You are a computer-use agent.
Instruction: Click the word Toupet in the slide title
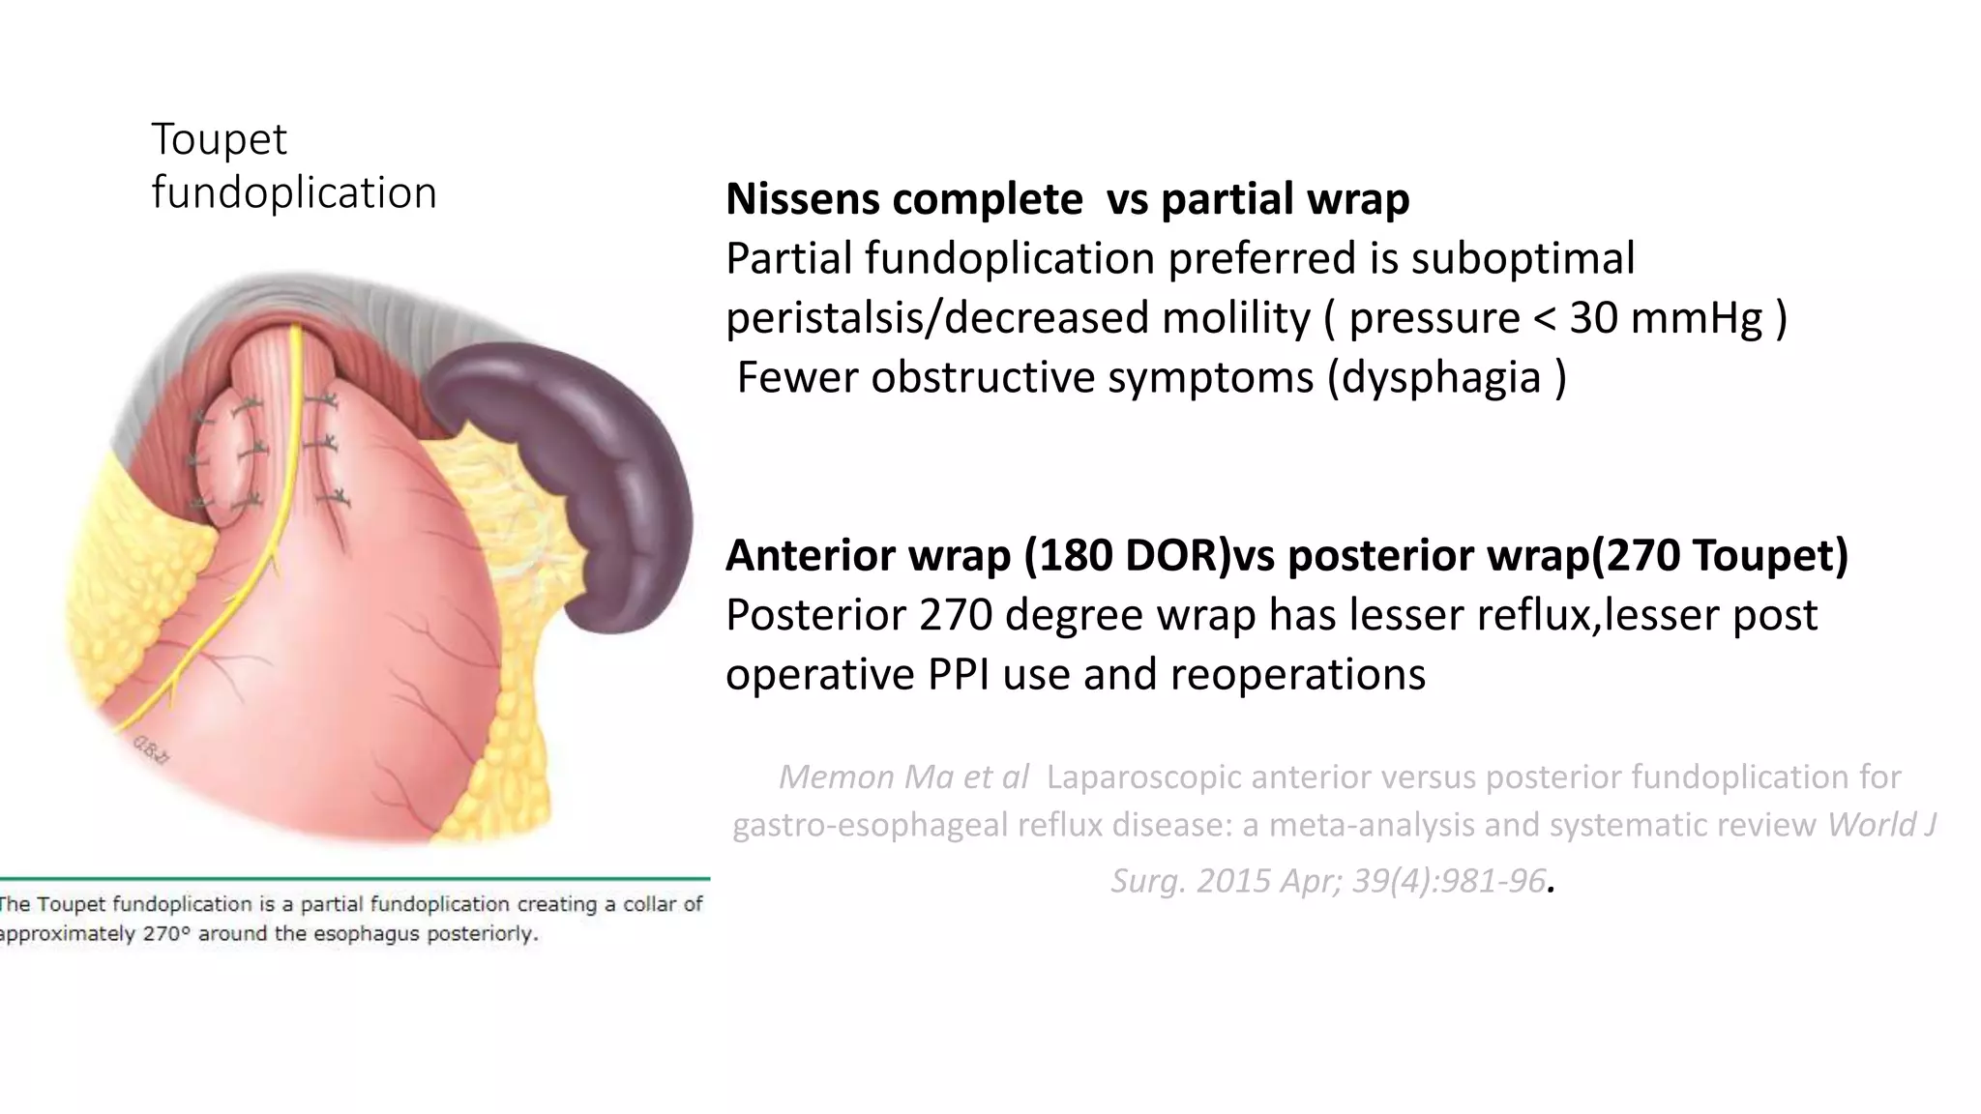pyautogui.click(x=219, y=140)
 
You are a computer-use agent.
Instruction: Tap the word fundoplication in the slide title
pyautogui.click(x=294, y=193)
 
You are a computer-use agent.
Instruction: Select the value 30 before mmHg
pyautogui.click(x=1593, y=318)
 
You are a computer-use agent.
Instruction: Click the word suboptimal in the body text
pyautogui.click(x=1523, y=259)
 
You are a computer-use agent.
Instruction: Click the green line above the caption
pyautogui.click(x=354, y=878)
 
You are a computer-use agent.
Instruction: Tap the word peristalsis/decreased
pyautogui.click(x=937, y=318)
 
